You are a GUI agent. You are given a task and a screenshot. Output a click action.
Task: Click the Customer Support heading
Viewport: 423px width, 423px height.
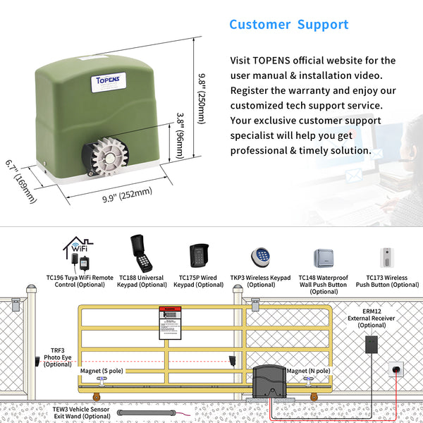pos(289,25)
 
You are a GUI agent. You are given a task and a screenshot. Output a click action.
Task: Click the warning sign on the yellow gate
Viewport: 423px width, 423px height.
pos(169,324)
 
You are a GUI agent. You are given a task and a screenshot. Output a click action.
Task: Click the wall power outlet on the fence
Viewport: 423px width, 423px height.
pos(397,369)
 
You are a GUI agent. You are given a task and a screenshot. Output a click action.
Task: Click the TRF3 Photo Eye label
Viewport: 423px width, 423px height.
pos(58,357)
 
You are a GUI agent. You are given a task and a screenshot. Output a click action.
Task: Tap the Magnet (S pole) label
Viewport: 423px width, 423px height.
pos(101,369)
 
